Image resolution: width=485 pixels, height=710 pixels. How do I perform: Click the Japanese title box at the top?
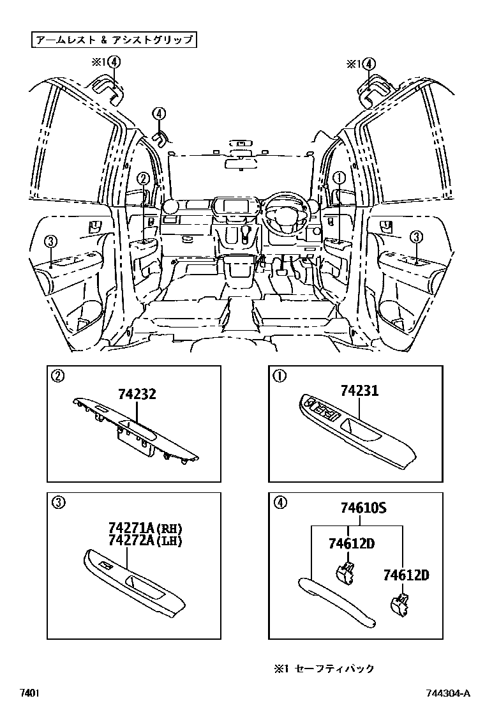click(114, 40)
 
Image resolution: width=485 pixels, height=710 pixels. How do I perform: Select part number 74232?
click(136, 395)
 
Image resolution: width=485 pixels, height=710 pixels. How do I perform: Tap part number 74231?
click(359, 391)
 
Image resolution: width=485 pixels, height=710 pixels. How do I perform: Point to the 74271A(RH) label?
click(145, 529)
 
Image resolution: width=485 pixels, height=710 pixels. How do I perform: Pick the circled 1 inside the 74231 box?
click(279, 376)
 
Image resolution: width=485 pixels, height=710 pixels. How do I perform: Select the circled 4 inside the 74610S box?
click(279, 502)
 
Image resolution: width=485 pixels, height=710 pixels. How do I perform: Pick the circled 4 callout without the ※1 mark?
click(158, 114)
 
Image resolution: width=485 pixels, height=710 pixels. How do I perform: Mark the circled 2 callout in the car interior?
click(144, 180)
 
